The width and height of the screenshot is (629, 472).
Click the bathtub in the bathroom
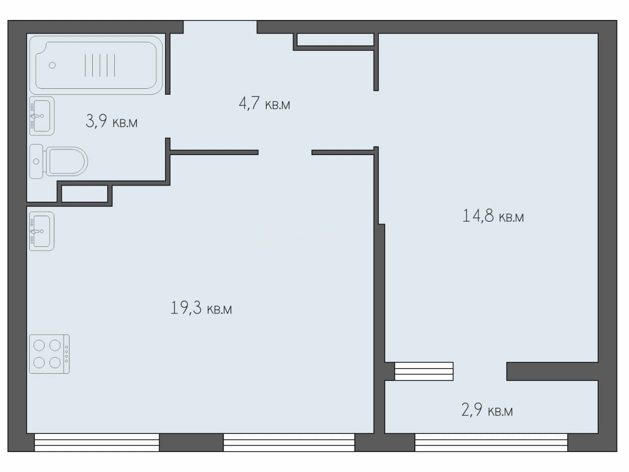tap(96, 65)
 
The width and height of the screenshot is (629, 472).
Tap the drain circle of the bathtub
tap(52, 65)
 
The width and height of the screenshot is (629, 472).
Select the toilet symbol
tap(59, 162)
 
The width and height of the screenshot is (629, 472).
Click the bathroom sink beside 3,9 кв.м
tap(42, 116)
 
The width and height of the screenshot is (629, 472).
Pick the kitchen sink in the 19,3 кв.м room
tap(42, 231)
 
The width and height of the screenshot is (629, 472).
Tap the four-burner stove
tap(49, 354)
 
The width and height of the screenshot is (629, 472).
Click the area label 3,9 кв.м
tap(111, 121)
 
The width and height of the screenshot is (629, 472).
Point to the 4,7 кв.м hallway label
tap(264, 103)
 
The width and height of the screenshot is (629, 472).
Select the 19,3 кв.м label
tap(201, 308)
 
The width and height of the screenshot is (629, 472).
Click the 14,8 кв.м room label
tap(493, 216)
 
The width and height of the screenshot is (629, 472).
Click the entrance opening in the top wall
tap(220, 27)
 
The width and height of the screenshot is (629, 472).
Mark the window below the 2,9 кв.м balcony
tap(491, 442)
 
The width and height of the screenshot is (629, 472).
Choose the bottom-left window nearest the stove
tap(97, 442)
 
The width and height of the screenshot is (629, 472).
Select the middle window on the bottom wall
tap(289, 442)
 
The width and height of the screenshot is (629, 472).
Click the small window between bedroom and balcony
tap(424, 371)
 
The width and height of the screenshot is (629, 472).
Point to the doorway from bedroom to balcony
tap(480, 371)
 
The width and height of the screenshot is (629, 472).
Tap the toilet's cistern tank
tap(37, 162)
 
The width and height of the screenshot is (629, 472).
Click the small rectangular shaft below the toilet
tap(85, 194)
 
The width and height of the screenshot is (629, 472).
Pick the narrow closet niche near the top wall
tap(335, 40)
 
